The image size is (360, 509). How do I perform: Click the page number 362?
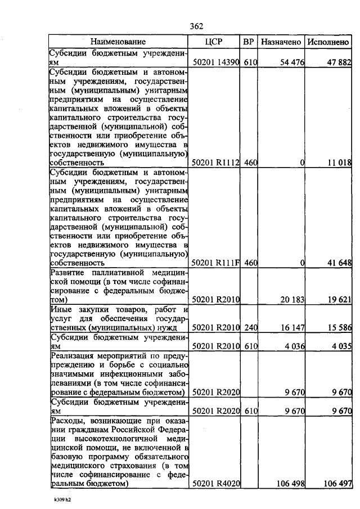coord(196,26)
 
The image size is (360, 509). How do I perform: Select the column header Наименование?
coord(118,42)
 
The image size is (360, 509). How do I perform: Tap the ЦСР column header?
coord(216,42)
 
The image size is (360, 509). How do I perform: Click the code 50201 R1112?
coord(216,163)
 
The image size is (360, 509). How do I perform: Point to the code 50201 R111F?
coord(216,262)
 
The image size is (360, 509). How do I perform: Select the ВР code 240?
coord(250,327)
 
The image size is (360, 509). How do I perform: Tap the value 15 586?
coord(340,327)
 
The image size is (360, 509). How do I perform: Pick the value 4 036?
coord(294,346)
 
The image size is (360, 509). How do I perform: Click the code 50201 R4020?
coord(216,483)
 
